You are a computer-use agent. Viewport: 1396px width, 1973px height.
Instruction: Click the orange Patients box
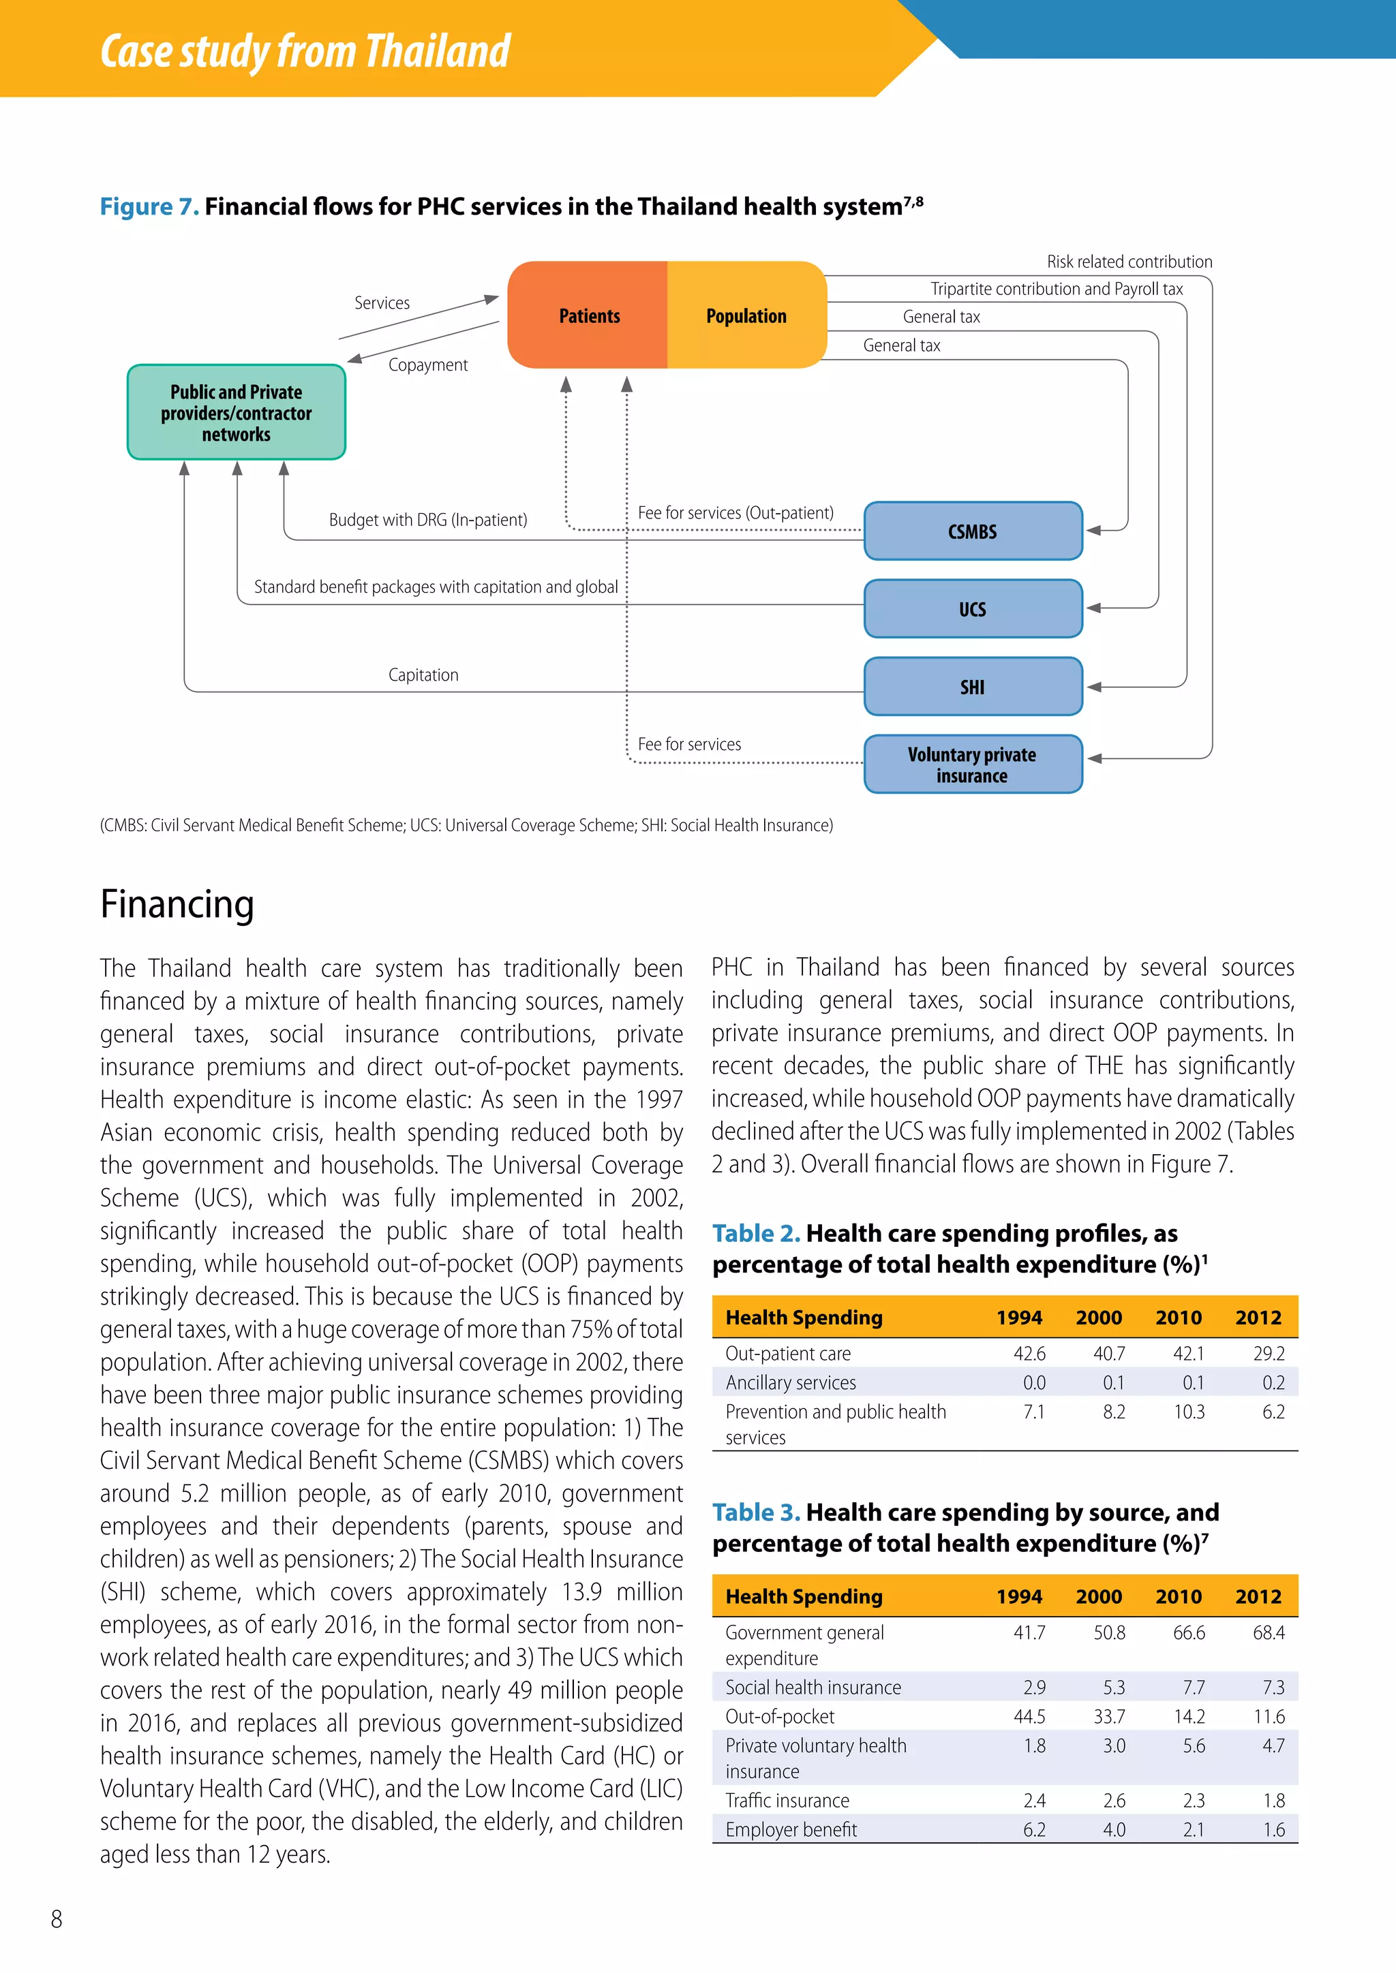[588, 315]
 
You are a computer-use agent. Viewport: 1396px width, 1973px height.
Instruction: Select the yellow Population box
[746, 315]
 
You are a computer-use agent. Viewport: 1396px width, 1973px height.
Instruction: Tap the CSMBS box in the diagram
[972, 531]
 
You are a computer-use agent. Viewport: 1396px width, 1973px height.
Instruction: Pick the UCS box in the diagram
[972, 609]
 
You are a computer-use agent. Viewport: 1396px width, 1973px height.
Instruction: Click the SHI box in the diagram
[972, 687]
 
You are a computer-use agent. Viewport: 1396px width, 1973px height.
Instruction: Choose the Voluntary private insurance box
[972, 764]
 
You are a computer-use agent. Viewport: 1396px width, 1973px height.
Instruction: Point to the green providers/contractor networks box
[237, 412]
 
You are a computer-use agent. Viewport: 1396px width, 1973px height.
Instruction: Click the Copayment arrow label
[427, 365]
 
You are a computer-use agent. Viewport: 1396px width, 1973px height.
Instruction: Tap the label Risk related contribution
[1129, 261]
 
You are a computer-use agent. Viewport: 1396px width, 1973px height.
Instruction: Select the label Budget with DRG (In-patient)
[427, 520]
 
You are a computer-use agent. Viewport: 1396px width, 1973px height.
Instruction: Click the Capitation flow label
[423, 674]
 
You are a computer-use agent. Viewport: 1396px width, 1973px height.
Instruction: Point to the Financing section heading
[177, 904]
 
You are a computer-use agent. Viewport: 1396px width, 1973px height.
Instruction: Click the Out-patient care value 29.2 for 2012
[1268, 1354]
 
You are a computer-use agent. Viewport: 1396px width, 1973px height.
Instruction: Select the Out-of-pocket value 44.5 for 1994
[1029, 1716]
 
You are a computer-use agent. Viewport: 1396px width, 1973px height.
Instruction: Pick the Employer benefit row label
[791, 1829]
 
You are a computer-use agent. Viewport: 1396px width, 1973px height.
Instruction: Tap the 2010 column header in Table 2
[1178, 1318]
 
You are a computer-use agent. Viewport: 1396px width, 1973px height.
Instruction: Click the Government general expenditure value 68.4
[1268, 1632]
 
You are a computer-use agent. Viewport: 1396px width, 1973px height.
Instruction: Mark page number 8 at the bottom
[57, 1919]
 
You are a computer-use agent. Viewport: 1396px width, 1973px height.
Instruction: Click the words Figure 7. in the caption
[149, 206]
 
